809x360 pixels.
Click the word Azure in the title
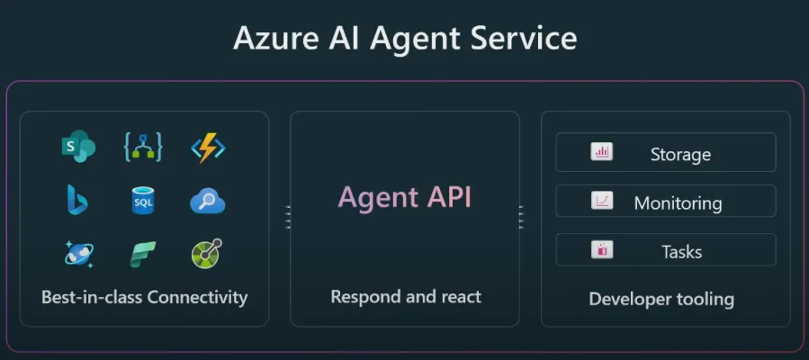(269, 39)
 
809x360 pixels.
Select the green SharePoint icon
(78, 147)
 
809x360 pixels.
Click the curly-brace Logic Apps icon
(143, 147)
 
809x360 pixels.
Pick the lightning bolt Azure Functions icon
(207, 147)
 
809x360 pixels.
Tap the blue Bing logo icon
(77, 200)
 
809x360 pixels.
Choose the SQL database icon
(143, 200)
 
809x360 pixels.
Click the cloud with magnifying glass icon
(207, 201)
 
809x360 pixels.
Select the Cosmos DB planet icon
(78, 253)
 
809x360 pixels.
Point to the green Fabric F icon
(143, 254)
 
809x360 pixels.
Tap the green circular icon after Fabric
(207, 254)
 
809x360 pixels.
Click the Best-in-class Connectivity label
(144, 297)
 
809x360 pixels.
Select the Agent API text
(404, 197)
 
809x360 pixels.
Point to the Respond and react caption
(405, 296)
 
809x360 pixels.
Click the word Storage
(680, 155)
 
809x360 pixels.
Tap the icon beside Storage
(602, 152)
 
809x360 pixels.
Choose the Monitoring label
(678, 203)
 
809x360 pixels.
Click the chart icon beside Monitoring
(602, 201)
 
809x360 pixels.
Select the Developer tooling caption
(661, 299)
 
